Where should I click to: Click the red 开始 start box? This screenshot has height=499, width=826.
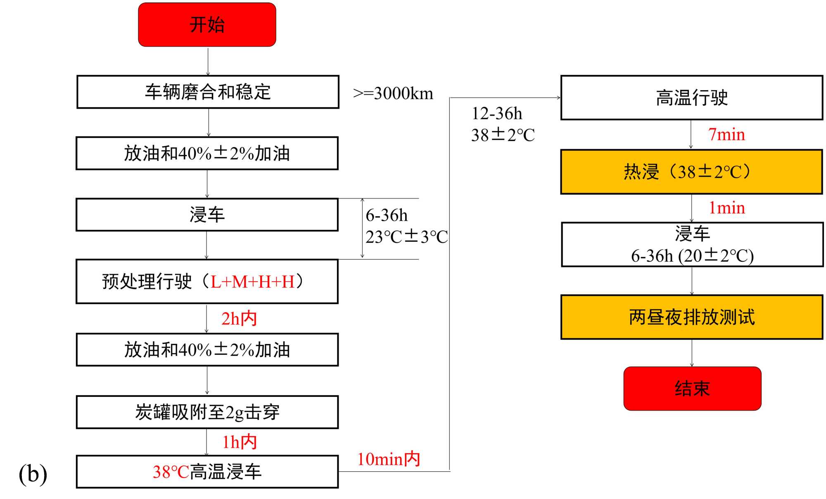click(x=207, y=25)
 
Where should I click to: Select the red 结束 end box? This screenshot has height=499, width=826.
click(x=692, y=389)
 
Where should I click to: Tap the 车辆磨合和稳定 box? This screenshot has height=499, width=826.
click(x=208, y=92)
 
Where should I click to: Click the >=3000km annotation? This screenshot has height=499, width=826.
click(x=393, y=93)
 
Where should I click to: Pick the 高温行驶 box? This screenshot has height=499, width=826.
click(x=692, y=98)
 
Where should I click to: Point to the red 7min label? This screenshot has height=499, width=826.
click(x=726, y=135)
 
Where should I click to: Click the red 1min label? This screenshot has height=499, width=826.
click(x=727, y=208)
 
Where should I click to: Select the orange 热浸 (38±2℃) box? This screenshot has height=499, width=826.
click(x=692, y=172)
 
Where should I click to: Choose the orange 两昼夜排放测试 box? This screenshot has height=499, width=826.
click(x=692, y=317)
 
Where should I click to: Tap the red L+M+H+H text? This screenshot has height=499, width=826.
click(x=253, y=282)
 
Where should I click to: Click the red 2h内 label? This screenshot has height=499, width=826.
click(x=239, y=319)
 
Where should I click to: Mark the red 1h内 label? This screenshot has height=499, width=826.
click(x=240, y=442)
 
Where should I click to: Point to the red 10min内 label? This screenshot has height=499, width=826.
click(x=389, y=459)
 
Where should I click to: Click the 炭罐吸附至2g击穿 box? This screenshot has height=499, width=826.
click(x=207, y=412)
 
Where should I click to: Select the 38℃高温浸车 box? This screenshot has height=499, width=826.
click(x=207, y=472)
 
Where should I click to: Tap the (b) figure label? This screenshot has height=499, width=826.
click(x=33, y=474)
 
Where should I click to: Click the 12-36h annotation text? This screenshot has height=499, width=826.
click(x=497, y=113)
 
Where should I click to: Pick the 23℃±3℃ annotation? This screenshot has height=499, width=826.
click(x=407, y=237)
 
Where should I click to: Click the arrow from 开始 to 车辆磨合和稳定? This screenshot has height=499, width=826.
click(x=208, y=61)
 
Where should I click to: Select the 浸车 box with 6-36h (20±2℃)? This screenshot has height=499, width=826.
click(x=692, y=245)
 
